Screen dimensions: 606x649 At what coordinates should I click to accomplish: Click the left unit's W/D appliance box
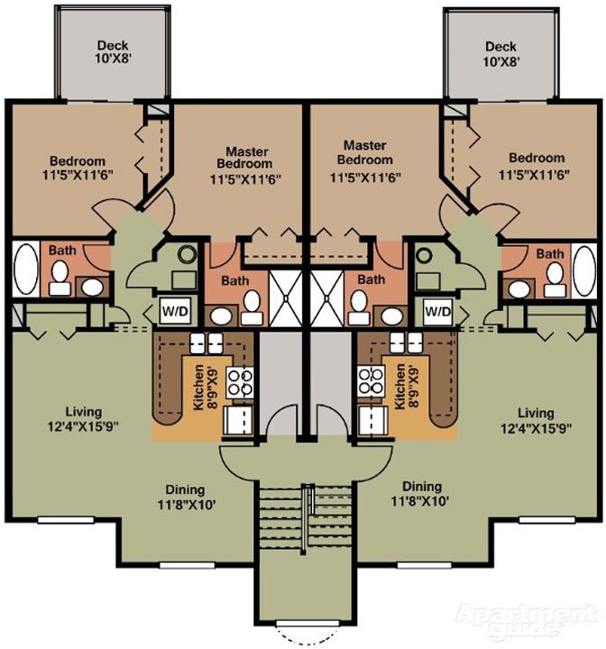pos(175,310)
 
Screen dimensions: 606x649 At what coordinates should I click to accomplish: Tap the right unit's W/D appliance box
pos(438,311)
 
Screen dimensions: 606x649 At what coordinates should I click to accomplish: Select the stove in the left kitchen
pos(239,383)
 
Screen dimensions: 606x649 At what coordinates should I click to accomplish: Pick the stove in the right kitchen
pos(372,380)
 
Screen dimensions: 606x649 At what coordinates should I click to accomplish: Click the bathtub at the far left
pos(25,269)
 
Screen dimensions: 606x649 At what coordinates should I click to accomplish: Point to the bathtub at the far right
pos(584,270)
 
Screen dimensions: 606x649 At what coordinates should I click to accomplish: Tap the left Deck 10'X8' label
pos(113,51)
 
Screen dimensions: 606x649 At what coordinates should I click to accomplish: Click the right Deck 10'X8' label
pos(500,54)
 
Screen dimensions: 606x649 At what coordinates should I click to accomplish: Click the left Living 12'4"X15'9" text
pos(84,419)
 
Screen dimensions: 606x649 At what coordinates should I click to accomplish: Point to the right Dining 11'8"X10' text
pos(421,493)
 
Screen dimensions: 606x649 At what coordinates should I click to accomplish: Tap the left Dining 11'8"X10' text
pos(186,497)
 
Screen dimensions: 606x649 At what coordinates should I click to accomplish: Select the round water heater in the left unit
pos(188,254)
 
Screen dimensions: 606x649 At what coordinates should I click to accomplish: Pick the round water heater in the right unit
pos(424,255)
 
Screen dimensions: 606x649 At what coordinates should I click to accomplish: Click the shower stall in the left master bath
pos(285,297)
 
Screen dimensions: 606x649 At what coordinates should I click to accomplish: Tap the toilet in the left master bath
pos(252,307)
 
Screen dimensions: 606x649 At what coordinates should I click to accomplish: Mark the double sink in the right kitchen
pos(406,343)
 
